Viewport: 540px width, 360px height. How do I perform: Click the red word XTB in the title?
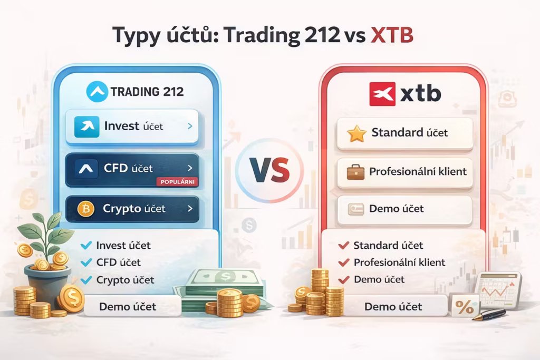(392, 35)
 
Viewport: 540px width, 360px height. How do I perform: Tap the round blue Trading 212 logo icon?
(97, 92)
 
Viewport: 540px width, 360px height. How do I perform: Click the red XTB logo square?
(382, 94)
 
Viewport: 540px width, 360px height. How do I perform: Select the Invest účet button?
(132, 127)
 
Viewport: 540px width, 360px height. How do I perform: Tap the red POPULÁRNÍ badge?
(177, 181)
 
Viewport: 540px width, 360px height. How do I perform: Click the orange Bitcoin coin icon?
(86, 209)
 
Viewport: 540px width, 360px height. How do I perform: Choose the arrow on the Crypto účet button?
(190, 208)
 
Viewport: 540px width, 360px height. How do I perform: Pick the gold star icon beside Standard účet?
(356, 133)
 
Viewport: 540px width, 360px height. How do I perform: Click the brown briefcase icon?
(355, 172)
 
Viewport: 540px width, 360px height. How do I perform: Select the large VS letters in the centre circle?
(270, 170)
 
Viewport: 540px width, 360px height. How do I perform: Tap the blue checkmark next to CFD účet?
(86, 262)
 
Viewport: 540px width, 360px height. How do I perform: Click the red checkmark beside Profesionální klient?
(344, 262)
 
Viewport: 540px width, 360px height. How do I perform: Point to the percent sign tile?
(464, 306)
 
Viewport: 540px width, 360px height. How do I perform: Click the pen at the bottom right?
(489, 315)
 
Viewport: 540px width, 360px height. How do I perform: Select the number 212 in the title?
(322, 35)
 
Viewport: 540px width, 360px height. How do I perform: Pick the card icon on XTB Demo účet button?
(355, 209)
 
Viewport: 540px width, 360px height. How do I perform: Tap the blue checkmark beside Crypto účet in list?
(86, 280)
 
